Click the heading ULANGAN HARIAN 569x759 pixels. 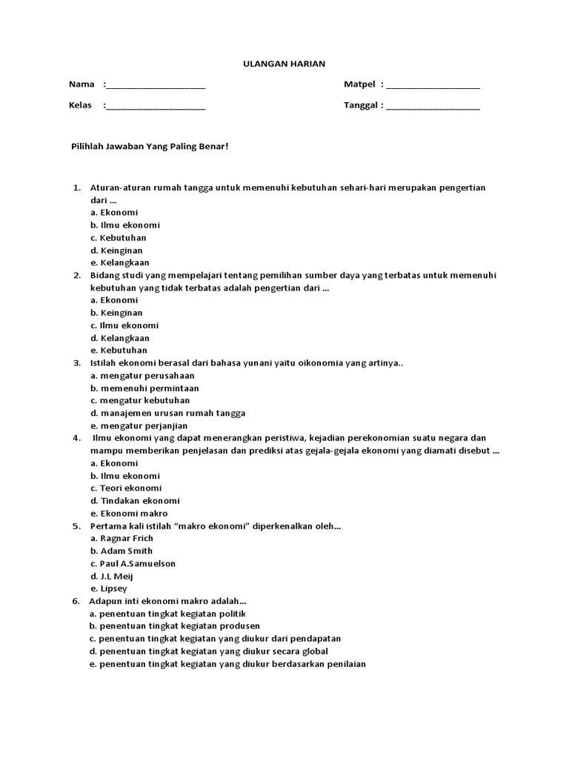click(284, 64)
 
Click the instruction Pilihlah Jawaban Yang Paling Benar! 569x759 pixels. click(150, 147)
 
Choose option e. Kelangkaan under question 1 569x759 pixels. click(119, 262)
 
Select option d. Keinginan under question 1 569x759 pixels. click(116, 250)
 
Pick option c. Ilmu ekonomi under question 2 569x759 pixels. click(124, 325)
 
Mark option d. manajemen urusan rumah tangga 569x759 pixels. click(167, 413)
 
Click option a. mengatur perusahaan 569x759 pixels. click(137, 376)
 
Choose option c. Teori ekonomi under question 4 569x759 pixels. click(125, 488)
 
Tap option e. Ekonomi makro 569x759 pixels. click(129, 513)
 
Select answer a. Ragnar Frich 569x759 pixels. click(122, 538)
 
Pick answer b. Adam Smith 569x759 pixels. click(122, 551)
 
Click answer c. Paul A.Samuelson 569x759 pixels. click(133, 563)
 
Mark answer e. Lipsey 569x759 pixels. click(108, 589)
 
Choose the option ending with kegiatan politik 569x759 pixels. click(167, 614)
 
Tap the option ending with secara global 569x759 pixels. click(209, 651)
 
